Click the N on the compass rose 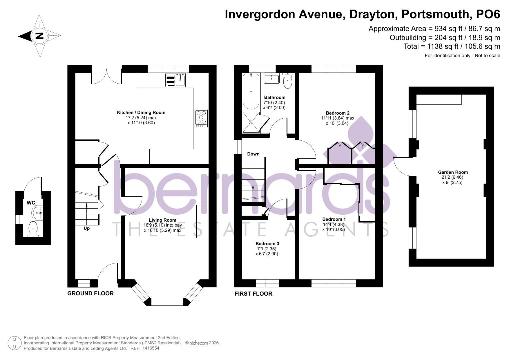(x=39, y=36)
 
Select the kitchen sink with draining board (x=176, y=80)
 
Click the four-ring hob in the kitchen (x=201, y=118)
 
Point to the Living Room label (x=162, y=220)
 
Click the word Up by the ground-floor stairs (x=86, y=228)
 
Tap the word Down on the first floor (x=253, y=154)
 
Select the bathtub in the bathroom (x=251, y=91)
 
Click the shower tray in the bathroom (x=251, y=122)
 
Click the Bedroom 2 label (x=337, y=113)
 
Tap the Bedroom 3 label (x=267, y=244)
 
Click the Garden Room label (x=453, y=172)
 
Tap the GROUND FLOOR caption (x=90, y=293)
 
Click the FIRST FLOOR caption (x=253, y=294)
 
